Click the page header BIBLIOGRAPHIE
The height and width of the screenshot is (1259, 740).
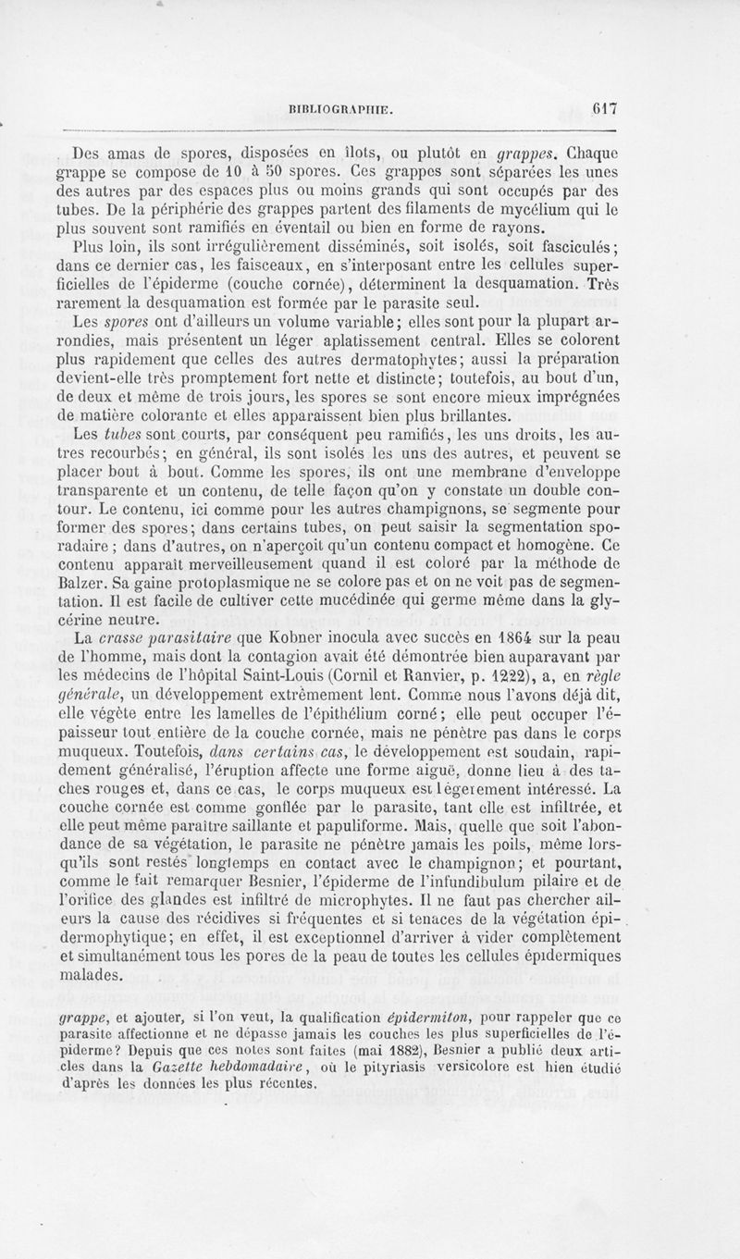click(x=341, y=107)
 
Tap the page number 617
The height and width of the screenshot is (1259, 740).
click(x=606, y=106)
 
